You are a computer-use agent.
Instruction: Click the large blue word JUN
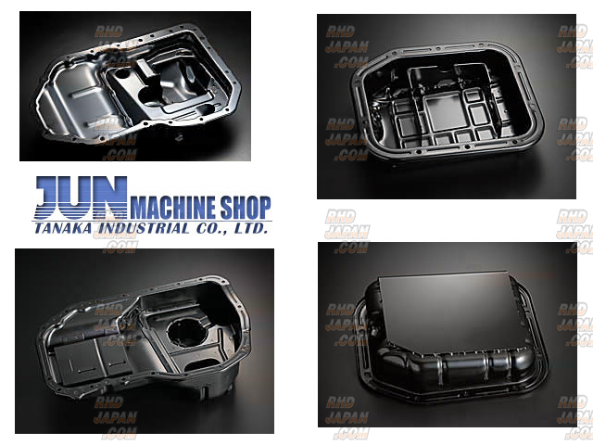pos(82,197)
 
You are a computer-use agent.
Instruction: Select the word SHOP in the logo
pos(246,208)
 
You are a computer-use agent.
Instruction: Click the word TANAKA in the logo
pos(63,228)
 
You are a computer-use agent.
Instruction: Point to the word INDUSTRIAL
pos(144,228)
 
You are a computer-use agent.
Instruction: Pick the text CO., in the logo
pos(212,229)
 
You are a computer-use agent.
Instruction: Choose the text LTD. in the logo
pos(251,228)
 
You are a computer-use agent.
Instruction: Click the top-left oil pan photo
pos(135,86)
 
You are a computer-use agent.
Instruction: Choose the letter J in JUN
pos(49,197)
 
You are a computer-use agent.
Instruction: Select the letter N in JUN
pos(111,197)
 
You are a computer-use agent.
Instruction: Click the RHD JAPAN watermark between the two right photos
pos(347,231)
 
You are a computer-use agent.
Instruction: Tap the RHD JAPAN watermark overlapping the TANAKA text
pos(115,233)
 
